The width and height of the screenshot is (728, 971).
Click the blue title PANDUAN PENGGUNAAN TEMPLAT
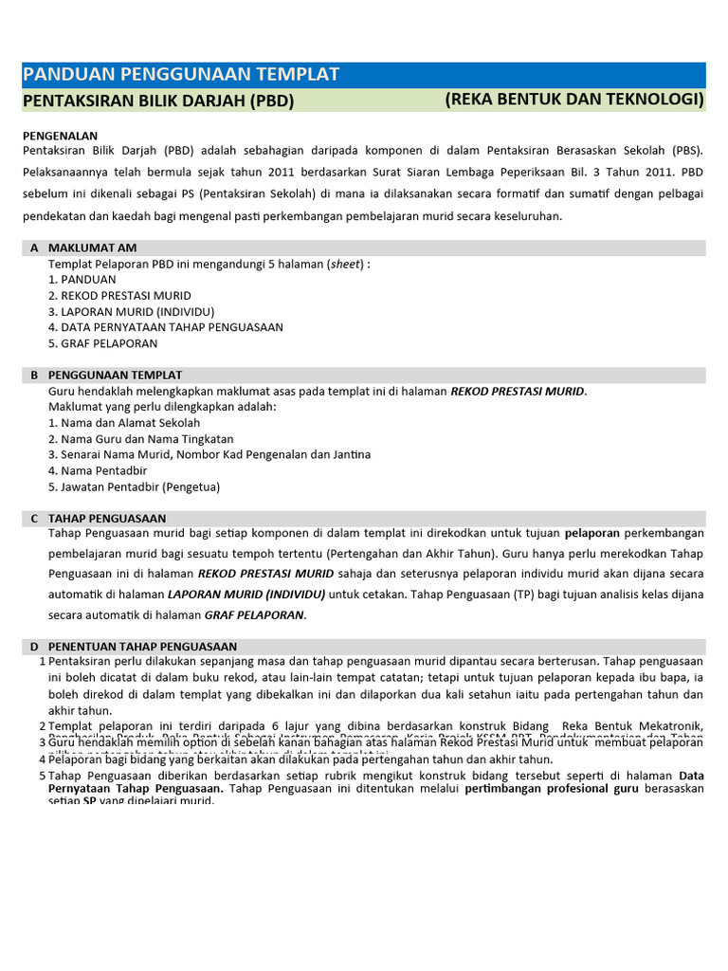coord(180,75)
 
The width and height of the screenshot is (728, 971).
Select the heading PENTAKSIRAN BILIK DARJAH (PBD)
coord(157,101)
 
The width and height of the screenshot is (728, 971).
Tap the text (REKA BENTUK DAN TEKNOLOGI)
coord(573,100)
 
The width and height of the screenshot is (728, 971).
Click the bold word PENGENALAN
coord(60,136)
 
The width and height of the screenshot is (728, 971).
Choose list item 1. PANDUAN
coord(82,280)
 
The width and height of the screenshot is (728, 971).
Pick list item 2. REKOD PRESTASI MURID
coord(119,296)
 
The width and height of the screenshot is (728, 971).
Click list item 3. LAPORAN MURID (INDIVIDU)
coord(131,311)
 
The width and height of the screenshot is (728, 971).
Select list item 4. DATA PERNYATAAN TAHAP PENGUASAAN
coord(165,327)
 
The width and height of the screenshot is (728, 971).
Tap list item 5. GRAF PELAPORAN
coord(102,343)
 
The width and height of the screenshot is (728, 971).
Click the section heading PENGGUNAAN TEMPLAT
coord(115,376)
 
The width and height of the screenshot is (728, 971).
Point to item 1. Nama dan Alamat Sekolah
coord(124,423)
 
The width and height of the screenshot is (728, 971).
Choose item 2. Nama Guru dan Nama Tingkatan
coord(140,439)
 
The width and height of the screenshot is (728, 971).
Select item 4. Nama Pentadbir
coord(100,470)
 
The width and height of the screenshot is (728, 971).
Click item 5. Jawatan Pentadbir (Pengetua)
coord(134,486)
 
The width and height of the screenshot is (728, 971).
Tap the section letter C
coord(34,519)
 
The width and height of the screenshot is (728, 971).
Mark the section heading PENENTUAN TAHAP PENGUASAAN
coord(142,647)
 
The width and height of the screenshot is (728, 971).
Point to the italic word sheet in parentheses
coord(345,264)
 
